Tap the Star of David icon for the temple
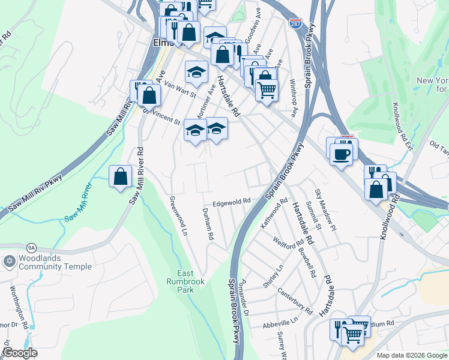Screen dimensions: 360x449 [x=8, y=262]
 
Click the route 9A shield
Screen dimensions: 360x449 [x=32, y=247]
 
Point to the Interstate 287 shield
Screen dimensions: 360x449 [x=295, y=23]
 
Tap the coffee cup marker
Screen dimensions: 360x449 [x=340, y=154]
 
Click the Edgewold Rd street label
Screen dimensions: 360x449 [x=230, y=203]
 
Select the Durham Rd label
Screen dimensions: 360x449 [x=208, y=224]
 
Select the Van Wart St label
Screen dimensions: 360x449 [x=180, y=91]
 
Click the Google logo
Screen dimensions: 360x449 [x=20, y=353]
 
